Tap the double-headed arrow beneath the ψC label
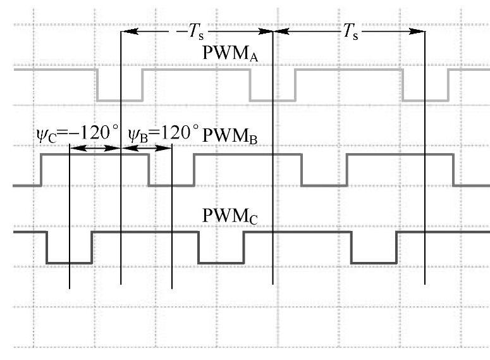pyautogui.click(x=94, y=148)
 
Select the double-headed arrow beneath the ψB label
pyautogui.click(x=146, y=148)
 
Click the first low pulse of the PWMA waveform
pyautogui.click(x=119, y=100)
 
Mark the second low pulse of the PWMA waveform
pyautogui.click(x=272, y=100)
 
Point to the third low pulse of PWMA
pyautogui.click(x=425, y=100)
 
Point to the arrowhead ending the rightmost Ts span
pyautogui.click(x=419, y=30)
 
